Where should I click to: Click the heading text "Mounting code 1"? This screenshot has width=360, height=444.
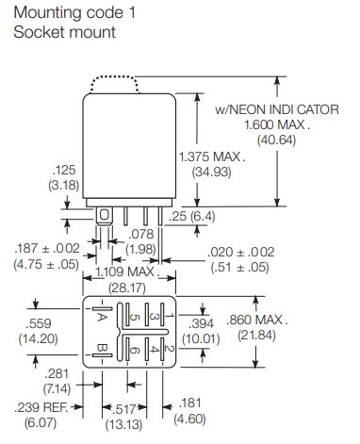pos(74,12)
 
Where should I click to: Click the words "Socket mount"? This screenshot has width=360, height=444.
pos(65,32)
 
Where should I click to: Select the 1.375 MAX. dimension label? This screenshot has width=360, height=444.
pos(212,156)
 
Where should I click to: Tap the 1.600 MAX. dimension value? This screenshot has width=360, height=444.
pos(277,124)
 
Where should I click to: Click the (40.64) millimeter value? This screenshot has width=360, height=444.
pos(276,140)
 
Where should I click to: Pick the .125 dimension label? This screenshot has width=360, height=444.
pos(64,170)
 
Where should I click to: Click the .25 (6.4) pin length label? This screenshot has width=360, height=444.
pos(192,217)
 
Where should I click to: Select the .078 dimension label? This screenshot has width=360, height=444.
pos(141,234)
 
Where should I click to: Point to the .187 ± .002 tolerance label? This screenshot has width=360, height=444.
pos(47,248)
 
